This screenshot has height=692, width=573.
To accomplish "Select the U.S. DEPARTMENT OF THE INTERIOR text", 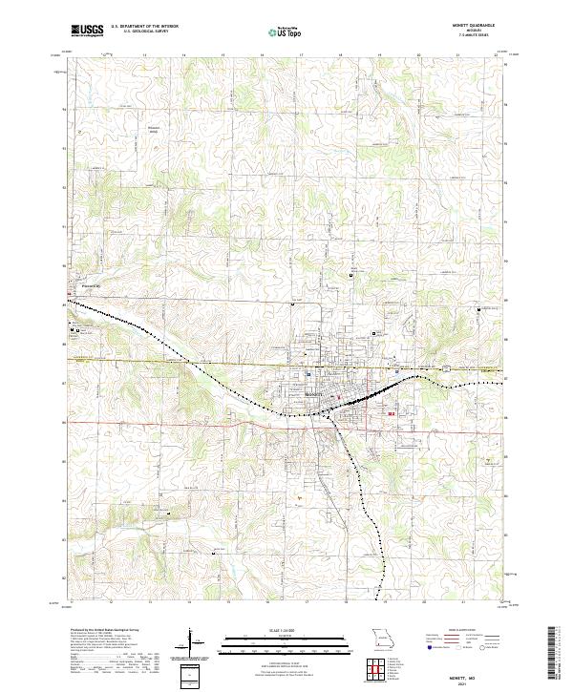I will pyautogui.click(x=144, y=27).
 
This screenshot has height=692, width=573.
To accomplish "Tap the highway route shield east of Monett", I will pyautogui.click(x=445, y=367).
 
